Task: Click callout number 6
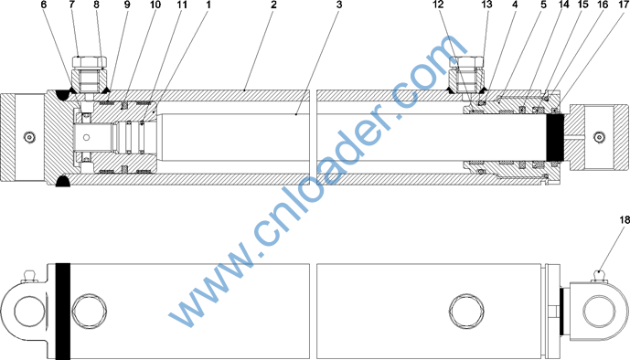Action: click(x=44, y=5)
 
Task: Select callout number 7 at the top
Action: click(x=72, y=5)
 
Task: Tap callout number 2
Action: click(x=273, y=5)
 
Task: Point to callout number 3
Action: click(x=339, y=5)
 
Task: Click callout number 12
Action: click(x=438, y=5)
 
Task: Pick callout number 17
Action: click(x=624, y=5)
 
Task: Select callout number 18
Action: click(x=625, y=220)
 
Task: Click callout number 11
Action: click(x=182, y=5)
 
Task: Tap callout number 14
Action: click(x=564, y=5)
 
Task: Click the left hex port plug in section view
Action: click(x=90, y=74)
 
